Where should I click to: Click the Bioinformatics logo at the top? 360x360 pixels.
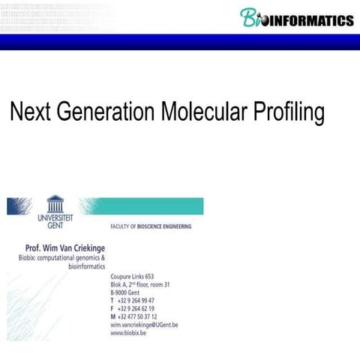pyautogui.click(x=296, y=18)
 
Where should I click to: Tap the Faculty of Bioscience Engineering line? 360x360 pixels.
pyautogui.click(x=151, y=226)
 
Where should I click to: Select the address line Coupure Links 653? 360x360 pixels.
pyautogui.click(x=132, y=277)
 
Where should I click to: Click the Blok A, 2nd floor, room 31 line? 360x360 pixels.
pyautogui.click(x=140, y=285)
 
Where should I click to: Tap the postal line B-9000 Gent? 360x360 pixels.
pyautogui.click(x=128, y=293)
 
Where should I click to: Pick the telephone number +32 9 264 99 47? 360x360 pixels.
pyautogui.click(x=136, y=301)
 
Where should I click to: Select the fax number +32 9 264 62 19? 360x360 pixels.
pyautogui.click(x=136, y=309)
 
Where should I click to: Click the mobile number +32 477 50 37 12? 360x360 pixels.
pyautogui.click(x=138, y=317)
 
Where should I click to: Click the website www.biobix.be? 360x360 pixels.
pyautogui.click(x=128, y=334)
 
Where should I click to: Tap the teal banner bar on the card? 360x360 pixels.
pyautogui.click(x=150, y=205)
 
